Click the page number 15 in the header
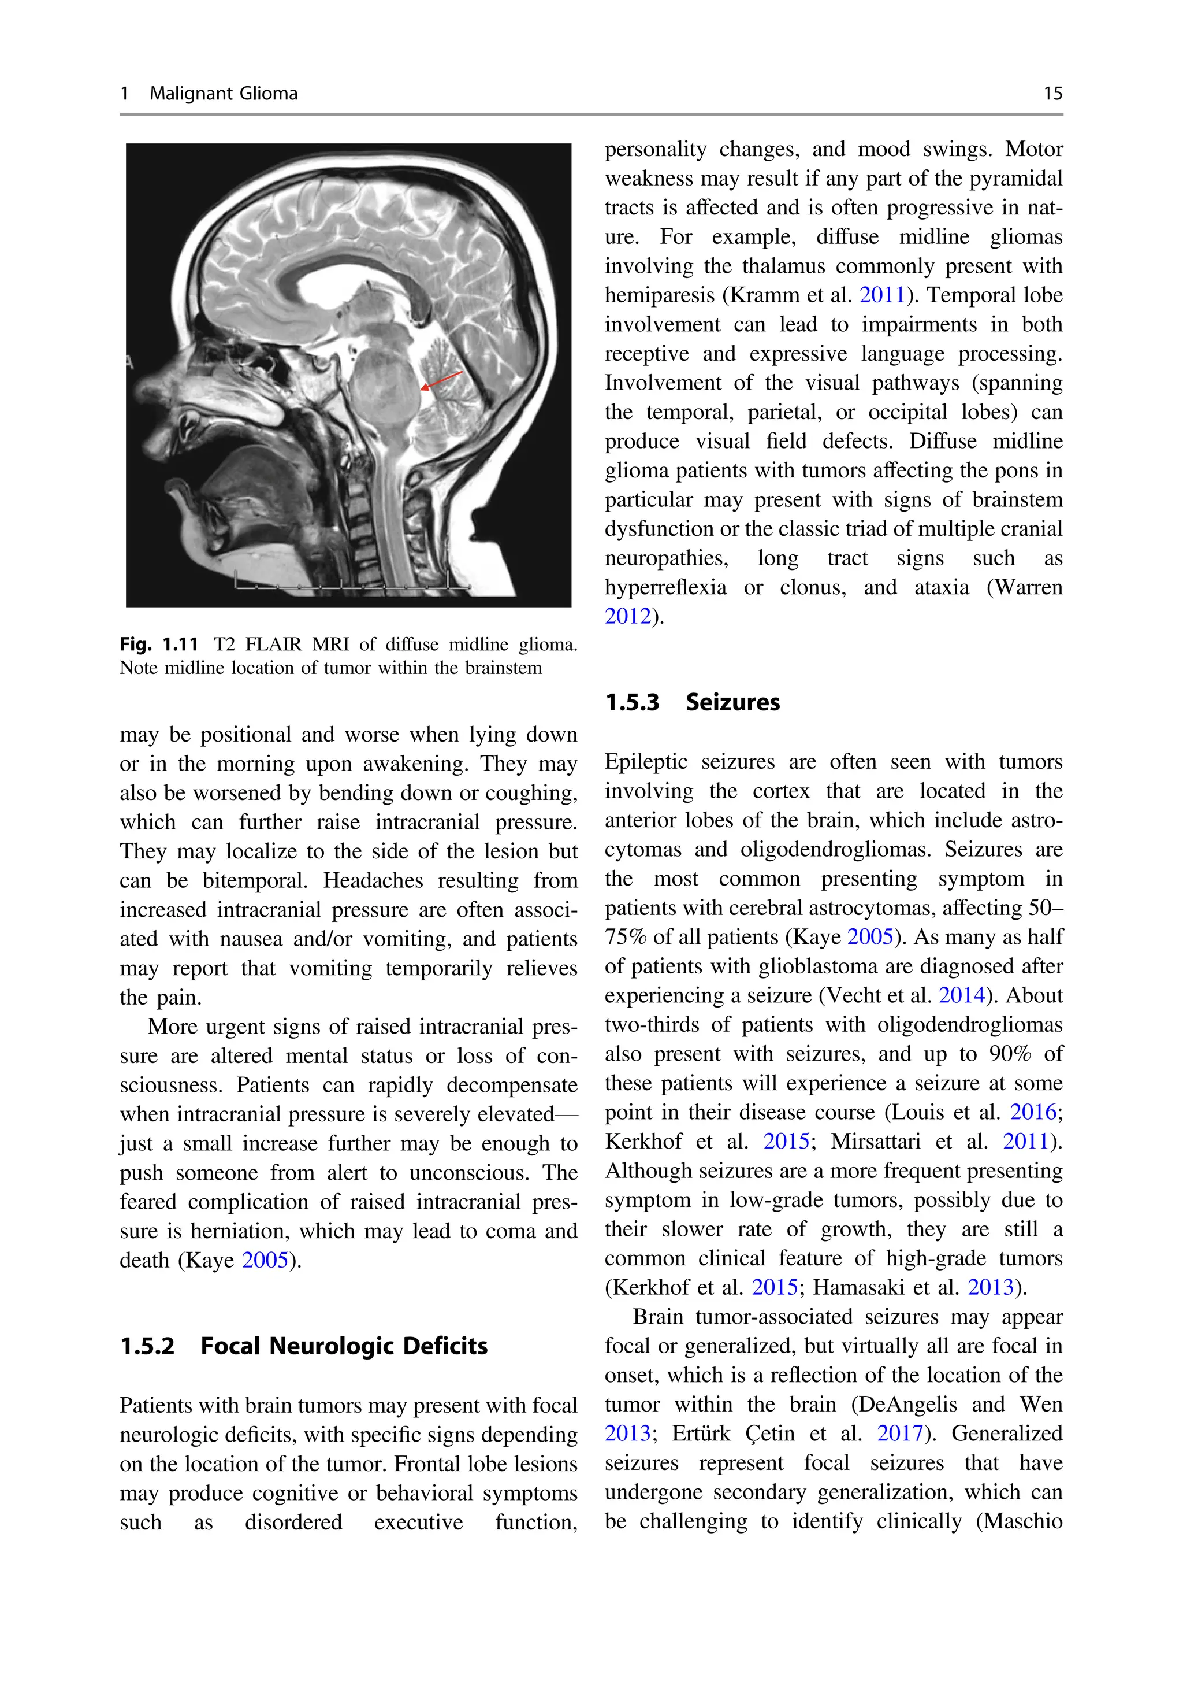point(1052,94)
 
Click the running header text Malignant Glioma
point(224,94)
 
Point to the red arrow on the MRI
point(441,380)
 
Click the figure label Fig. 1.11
point(159,645)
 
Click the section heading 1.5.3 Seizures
point(692,702)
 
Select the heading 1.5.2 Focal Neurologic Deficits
point(304,1346)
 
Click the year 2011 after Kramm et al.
point(881,295)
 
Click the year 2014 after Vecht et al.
point(961,995)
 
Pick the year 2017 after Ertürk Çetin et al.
point(899,1433)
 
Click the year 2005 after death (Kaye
point(265,1260)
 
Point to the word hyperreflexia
point(665,587)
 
